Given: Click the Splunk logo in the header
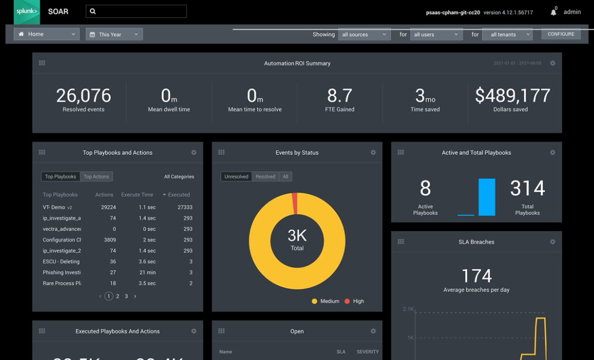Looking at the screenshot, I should tap(27, 12).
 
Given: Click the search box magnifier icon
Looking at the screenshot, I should tap(93, 11).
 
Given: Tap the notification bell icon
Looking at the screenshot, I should tap(553, 12).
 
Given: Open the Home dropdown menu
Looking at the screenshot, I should tap(47, 34).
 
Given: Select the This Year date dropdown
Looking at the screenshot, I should tap(114, 34).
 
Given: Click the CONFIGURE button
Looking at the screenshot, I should tap(561, 34).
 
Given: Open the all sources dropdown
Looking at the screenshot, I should tap(364, 35).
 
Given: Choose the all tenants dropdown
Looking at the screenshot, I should tap(507, 35).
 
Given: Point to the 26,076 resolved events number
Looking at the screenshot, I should tap(84, 96).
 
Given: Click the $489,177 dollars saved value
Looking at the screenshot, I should tap(513, 96).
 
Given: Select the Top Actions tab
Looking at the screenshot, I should tap(97, 177).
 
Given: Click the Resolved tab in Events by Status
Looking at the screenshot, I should tap(265, 177).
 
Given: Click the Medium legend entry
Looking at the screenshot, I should tap(326, 301).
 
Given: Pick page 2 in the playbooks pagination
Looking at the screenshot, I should tap(118, 297).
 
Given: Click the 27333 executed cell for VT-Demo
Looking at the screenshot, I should tap(185, 207).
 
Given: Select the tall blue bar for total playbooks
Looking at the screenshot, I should tap(487, 197).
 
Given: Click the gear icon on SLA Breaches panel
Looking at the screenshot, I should tap(553, 242).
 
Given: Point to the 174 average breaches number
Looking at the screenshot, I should tap(476, 276).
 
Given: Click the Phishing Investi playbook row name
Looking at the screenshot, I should tap(61, 272).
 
